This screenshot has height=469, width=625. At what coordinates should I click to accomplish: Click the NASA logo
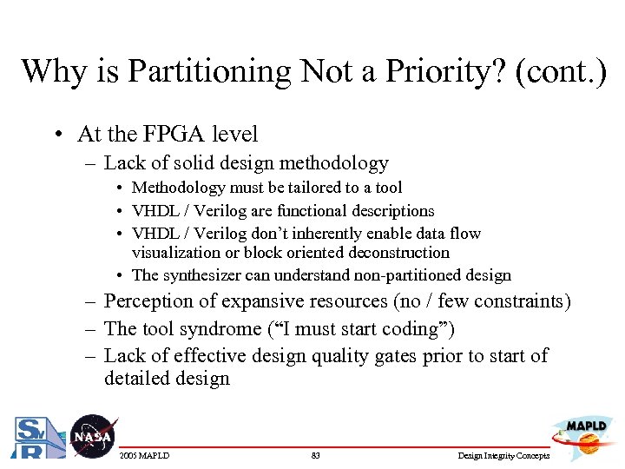(x=91, y=436)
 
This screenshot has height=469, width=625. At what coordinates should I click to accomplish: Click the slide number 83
(x=315, y=456)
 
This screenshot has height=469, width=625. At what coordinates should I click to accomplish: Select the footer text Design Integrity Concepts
(x=503, y=456)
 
